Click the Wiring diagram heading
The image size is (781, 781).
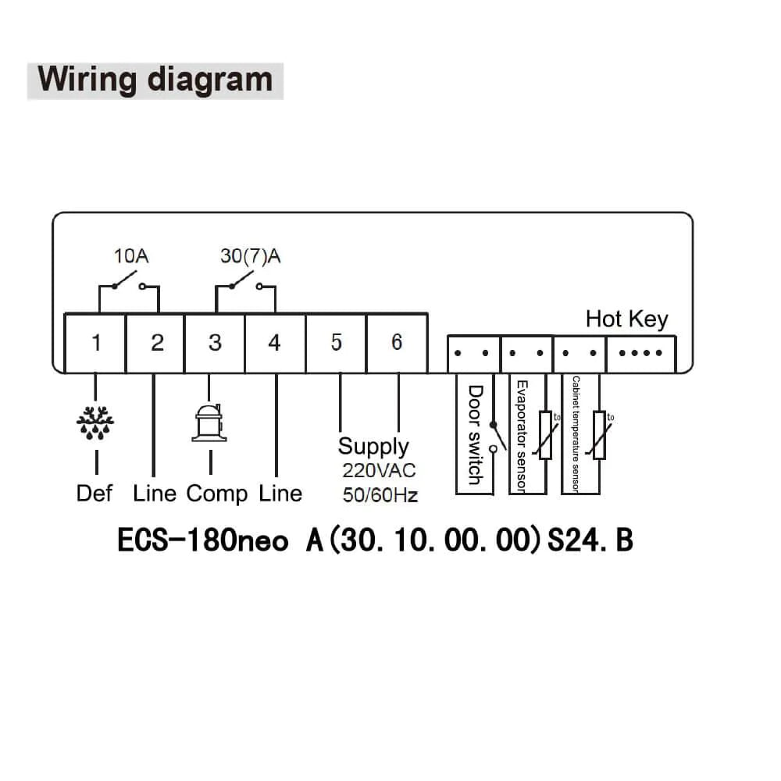pyautogui.click(x=155, y=80)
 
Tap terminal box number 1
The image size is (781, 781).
pyautogui.click(x=96, y=343)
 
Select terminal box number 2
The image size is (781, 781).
pyautogui.click(x=156, y=343)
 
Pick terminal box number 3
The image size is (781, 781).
pyautogui.click(x=215, y=343)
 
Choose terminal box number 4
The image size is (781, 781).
pyautogui.click(x=274, y=343)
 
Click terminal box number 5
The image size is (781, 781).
pyautogui.click(x=336, y=343)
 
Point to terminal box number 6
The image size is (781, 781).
pyautogui.click(x=397, y=343)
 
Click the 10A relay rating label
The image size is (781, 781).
pyautogui.click(x=131, y=255)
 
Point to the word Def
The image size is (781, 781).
pyautogui.click(x=95, y=494)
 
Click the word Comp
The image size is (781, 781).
pyautogui.click(x=216, y=494)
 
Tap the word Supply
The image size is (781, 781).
pyautogui.click(x=373, y=447)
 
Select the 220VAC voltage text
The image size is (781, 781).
pyautogui.click(x=379, y=471)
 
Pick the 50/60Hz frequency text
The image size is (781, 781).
pyautogui.click(x=380, y=494)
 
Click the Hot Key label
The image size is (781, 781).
pyautogui.click(x=626, y=319)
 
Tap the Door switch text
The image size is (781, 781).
pyautogui.click(x=474, y=434)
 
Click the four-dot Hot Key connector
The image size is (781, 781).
pyautogui.click(x=640, y=353)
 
